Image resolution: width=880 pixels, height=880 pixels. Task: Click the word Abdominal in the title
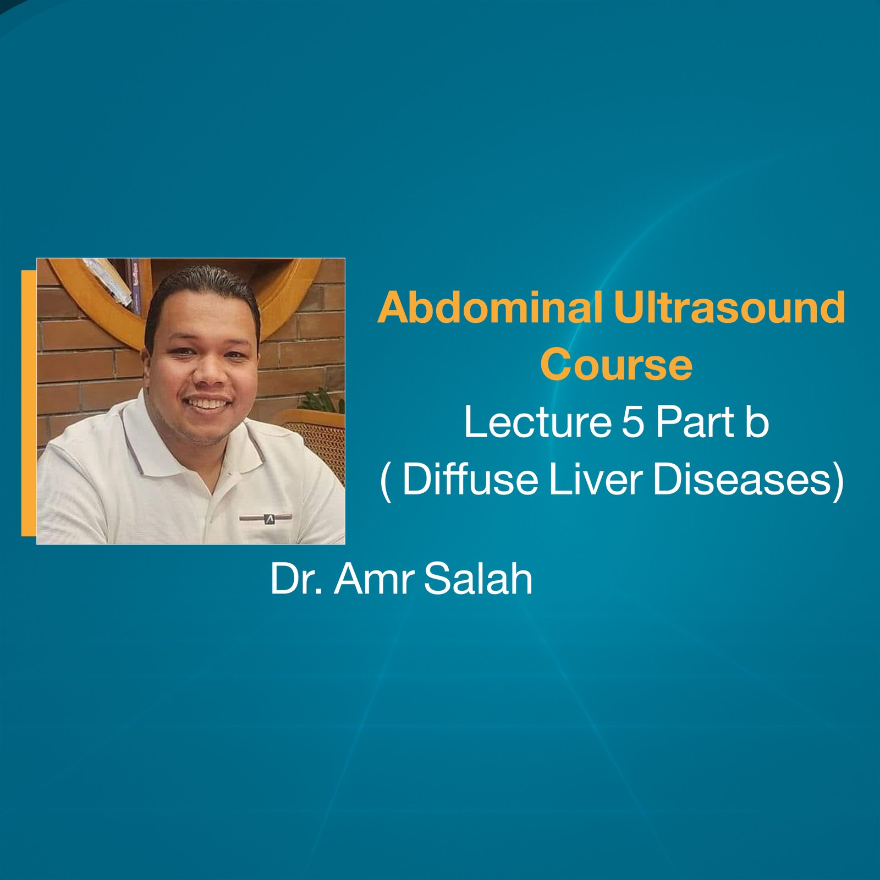point(490,308)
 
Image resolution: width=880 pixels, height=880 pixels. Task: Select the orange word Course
point(616,365)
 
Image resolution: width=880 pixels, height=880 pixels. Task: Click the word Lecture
point(538,422)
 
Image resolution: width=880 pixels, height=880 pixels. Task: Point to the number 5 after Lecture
point(633,422)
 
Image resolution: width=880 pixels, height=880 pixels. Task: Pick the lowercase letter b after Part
point(757,422)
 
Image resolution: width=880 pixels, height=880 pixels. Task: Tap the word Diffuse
point(470,479)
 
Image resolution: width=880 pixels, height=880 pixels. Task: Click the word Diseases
point(743,479)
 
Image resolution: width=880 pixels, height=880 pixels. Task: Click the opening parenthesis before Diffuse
point(386,480)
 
